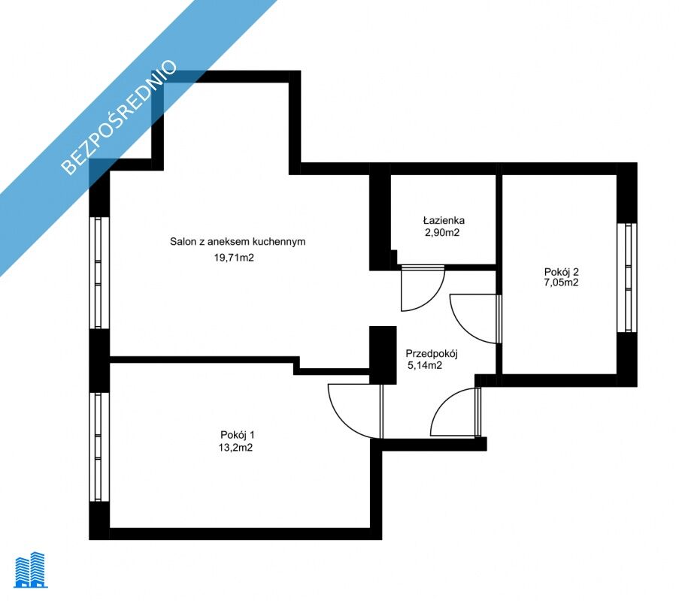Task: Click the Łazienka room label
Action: pyautogui.click(x=444, y=220)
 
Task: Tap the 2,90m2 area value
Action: pyautogui.click(x=442, y=233)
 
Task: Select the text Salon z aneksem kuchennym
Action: pyautogui.click(x=238, y=241)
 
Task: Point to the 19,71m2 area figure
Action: pyautogui.click(x=234, y=258)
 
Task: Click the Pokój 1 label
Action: pyautogui.click(x=238, y=435)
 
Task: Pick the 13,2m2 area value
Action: pyautogui.click(x=235, y=448)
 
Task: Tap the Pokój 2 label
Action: pyautogui.click(x=561, y=272)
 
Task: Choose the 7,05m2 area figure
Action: pyautogui.click(x=561, y=283)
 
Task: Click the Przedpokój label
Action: pyautogui.click(x=432, y=354)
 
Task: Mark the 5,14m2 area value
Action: pyautogui.click(x=425, y=366)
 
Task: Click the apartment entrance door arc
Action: pyautogui.click(x=444, y=400)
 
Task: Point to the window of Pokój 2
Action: pyautogui.click(x=626, y=277)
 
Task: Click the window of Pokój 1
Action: pyautogui.click(x=99, y=446)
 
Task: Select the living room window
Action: pyautogui.click(x=99, y=273)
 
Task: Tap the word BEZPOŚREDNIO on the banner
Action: pyautogui.click(x=120, y=117)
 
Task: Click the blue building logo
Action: pyautogui.click(x=31, y=570)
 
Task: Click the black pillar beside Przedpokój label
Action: pyautogui.click(x=383, y=355)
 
